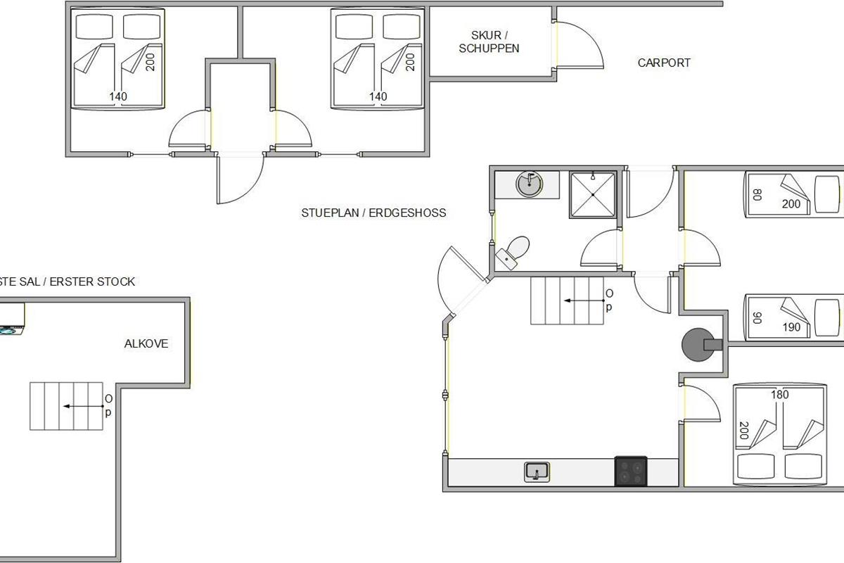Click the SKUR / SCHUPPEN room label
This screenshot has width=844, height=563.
pyautogui.click(x=489, y=42)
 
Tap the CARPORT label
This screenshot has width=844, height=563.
pyautogui.click(x=664, y=63)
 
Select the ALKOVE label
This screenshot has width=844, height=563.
pyautogui.click(x=146, y=343)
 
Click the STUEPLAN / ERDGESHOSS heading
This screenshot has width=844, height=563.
pyautogui.click(x=373, y=213)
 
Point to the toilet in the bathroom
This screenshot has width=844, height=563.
pyautogui.click(x=513, y=252)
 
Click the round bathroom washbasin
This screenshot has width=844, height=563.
pyautogui.click(x=529, y=184)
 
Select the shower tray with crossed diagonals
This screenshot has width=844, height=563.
pyautogui.click(x=593, y=194)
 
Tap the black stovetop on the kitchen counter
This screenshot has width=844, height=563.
pyautogui.click(x=631, y=472)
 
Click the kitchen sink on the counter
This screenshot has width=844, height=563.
pyautogui.click(x=537, y=472)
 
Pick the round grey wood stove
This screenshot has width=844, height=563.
pyautogui.click(x=698, y=345)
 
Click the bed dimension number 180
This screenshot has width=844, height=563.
pyautogui.click(x=779, y=395)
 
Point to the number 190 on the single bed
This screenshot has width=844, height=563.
pyautogui.click(x=791, y=327)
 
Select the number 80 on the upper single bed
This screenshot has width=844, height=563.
pyautogui.click(x=757, y=194)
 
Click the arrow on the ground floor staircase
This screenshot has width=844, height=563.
pyautogui.click(x=584, y=301)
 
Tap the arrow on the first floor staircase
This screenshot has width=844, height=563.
pyautogui.click(x=84, y=406)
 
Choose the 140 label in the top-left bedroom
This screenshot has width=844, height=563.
pyautogui.click(x=118, y=96)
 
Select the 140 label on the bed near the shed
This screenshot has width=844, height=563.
pyautogui.click(x=378, y=96)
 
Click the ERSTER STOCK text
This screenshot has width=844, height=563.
pyautogui.click(x=92, y=281)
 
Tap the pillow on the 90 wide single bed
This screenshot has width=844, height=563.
pyautogui.click(x=827, y=318)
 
